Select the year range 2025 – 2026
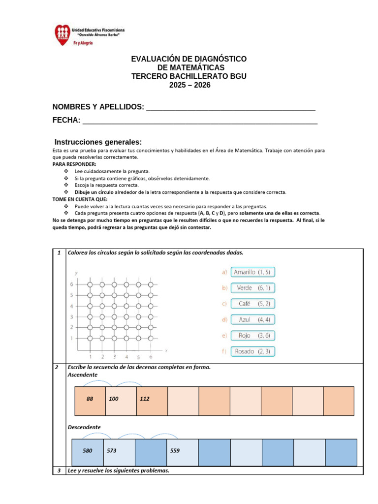pos(189,85)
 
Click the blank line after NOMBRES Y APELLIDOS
pos(231,108)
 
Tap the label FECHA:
pos(66,121)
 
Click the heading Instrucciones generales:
pos(98,142)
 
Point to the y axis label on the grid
pos(76,273)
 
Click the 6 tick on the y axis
pos(72,284)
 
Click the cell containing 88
pos(90,399)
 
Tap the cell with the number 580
pos(88,450)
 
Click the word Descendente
pos(84,427)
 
